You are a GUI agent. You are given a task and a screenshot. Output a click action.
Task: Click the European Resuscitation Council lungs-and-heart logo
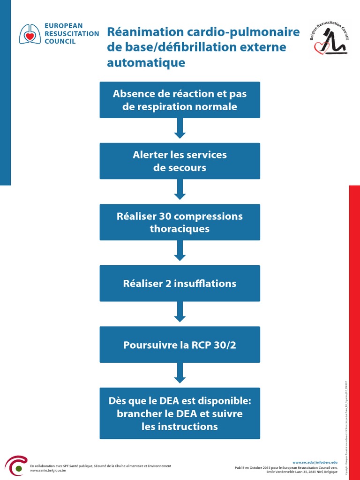pos(30,34)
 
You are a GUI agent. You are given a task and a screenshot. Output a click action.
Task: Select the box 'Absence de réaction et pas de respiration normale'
pos(180,100)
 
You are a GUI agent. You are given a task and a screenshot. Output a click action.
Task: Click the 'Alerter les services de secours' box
pos(180,161)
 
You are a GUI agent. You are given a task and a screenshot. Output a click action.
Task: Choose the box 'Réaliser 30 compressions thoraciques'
pos(180,222)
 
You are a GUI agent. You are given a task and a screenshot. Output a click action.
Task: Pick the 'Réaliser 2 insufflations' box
pos(180,283)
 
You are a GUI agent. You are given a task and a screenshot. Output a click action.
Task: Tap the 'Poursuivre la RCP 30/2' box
pos(180,345)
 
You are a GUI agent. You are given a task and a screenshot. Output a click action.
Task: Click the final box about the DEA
pos(180,413)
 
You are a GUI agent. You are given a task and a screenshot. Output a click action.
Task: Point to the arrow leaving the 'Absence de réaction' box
pos(180,128)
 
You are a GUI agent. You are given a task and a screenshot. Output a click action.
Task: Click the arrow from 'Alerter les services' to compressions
pos(180,190)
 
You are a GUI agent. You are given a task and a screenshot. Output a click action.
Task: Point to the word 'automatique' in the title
pos(146,63)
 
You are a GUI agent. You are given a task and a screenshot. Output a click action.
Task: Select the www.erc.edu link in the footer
pos(303,462)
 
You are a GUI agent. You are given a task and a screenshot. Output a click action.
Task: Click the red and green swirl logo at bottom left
pos(15,466)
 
